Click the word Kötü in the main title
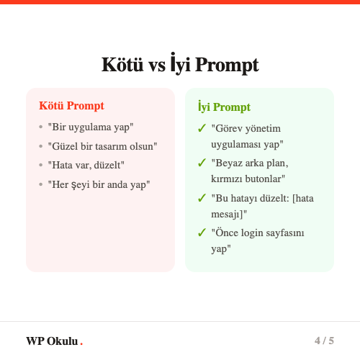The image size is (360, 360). pyautogui.click(x=123, y=66)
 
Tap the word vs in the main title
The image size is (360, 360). pyautogui.click(x=157, y=66)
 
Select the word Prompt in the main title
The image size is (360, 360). pyautogui.click(x=225, y=66)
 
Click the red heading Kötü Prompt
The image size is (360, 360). pyautogui.click(x=71, y=106)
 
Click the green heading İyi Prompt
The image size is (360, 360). pyautogui.click(x=224, y=107)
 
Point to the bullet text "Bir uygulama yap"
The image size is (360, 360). pyautogui.click(x=91, y=127)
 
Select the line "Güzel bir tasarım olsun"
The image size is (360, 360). pyautogui.click(x=102, y=146)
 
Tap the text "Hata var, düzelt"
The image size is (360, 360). pyautogui.click(x=86, y=165)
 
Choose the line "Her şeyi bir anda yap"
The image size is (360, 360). pyautogui.click(x=99, y=184)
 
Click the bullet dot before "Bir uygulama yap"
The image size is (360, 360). pyautogui.click(x=40, y=127)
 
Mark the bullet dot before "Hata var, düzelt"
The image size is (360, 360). pyautogui.click(x=40, y=165)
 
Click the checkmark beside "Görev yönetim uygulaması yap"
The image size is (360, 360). pyautogui.click(x=202, y=128)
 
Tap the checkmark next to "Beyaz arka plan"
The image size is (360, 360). pyautogui.click(x=202, y=163)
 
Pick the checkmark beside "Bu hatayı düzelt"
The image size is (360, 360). pyautogui.click(x=202, y=197)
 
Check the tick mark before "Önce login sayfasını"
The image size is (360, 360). pyautogui.click(x=202, y=232)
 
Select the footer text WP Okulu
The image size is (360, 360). pyautogui.click(x=52, y=341)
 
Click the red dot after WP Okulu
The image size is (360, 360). pyautogui.click(x=81, y=343)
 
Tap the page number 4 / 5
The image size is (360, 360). pyautogui.click(x=324, y=341)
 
